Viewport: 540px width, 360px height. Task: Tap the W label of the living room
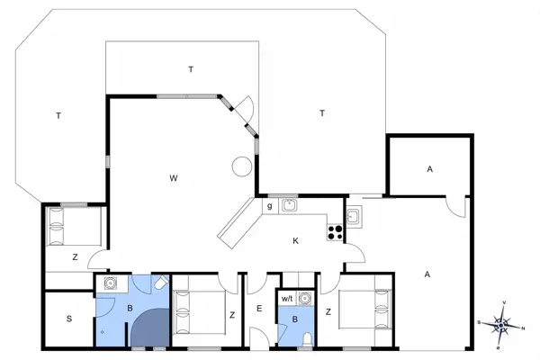(173, 178)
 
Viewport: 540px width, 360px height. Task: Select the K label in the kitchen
(295, 239)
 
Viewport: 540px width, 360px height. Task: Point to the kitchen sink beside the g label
(290, 205)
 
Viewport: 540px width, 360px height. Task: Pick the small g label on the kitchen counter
(269, 206)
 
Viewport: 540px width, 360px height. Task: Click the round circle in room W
(241, 166)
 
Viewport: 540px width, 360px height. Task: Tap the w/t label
(288, 298)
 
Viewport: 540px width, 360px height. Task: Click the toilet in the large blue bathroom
(159, 283)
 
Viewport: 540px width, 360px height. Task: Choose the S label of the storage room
(69, 319)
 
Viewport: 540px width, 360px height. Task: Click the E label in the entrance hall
(258, 310)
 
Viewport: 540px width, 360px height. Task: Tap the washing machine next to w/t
(305, 297)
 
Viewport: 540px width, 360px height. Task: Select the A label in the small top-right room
(429, 168)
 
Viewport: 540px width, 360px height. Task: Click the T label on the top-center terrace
(191, 69)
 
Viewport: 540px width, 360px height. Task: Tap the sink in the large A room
(354, 216)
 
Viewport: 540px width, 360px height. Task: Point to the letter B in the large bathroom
(129, 307)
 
